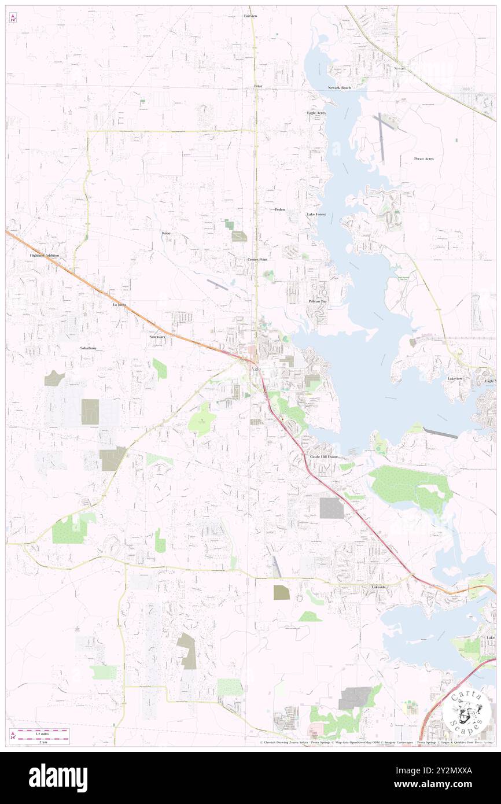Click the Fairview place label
tap(250, 16)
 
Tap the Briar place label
tap(258, 86)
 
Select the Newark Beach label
tap(339, 87)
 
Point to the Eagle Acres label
tap(316, 113)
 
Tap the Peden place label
tap(280, 209)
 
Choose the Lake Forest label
tap(316, 215)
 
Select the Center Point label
tap(257, 260)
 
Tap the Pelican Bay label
tap(317, 301)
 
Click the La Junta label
tap(119, 304)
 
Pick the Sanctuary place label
tap(157, 336)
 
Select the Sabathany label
tap(89, 349)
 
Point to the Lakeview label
tap(455, 378)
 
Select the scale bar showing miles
tap(40, 732)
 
